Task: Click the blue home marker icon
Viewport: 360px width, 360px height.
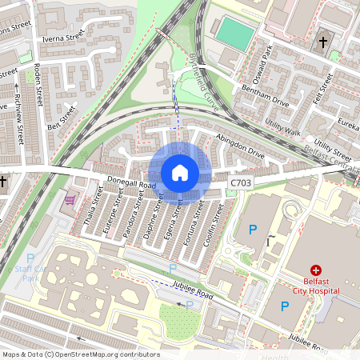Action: point(180,173)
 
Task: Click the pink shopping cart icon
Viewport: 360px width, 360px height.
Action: point(70,199)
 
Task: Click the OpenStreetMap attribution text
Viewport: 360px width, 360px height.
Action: point(80,354)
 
